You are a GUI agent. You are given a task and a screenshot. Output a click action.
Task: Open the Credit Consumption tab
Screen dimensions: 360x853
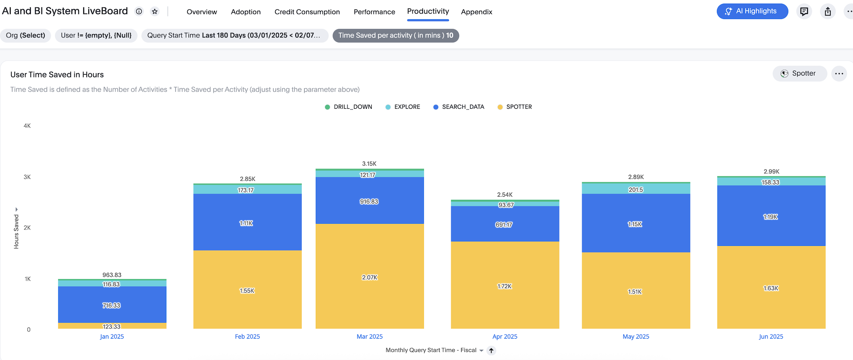[x=307, y=12]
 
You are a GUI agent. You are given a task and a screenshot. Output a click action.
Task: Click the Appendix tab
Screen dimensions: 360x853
[x=476, y=12]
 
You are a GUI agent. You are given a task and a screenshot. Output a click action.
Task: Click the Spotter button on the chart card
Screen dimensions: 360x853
[x=799, y=73]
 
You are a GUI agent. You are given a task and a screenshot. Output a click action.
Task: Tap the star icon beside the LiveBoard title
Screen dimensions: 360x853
[x=155, y=11]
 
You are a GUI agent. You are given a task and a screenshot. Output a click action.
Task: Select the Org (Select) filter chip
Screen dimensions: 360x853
[x=25, y=35]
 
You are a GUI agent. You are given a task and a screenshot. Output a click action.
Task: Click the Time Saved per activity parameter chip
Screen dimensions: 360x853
[x=395, y=35]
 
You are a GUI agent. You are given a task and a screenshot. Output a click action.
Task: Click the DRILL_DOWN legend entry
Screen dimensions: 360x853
[x=348, y=107]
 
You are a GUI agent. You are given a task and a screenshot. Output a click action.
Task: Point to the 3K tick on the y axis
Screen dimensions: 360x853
[x=27, y=177]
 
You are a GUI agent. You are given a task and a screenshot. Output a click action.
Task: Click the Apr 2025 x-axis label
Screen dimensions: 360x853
[x=505, y=337]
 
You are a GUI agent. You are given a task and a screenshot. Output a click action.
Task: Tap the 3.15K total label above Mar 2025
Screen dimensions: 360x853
[x=369, y=163]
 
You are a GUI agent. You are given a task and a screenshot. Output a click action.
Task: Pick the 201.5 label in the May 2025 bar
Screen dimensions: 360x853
[x=635, y=190]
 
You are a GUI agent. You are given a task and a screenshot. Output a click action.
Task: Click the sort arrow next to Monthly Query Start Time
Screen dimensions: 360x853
[x=491, y=351]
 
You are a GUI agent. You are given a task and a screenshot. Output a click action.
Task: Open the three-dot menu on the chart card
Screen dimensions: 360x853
[x=839, y=74]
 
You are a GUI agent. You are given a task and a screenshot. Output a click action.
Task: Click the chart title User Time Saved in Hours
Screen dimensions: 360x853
[x=57, y=75]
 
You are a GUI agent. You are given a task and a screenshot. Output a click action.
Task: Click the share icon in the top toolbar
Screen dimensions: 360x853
[x=828, y=11]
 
